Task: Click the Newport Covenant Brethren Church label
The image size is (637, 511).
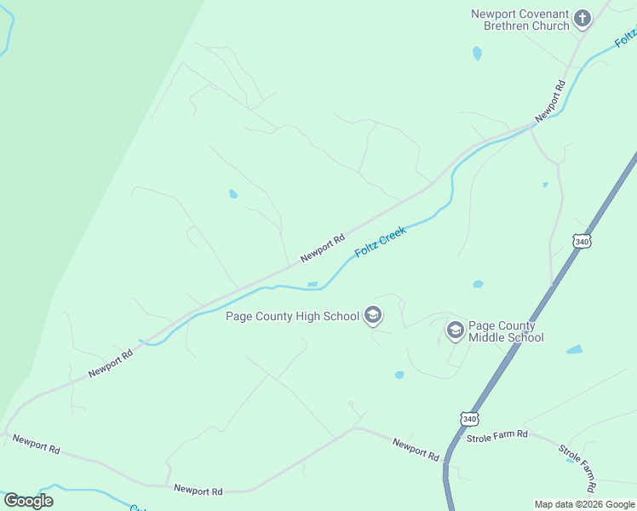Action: (x=521, y=20)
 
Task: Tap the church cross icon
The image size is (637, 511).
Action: (x=582, y=19)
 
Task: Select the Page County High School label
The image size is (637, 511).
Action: (x=292, y=317)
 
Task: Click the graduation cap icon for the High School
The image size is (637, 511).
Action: (x=372, y=316)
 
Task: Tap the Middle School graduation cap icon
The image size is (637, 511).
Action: (x=456, y=330)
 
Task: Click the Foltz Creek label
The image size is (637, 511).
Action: (x=381, y=242)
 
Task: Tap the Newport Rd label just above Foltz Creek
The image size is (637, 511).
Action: (x=322, y=248)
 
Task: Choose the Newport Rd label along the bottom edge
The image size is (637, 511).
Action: (x=198, y=491)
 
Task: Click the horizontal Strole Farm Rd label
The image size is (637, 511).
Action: (x=497, y=435)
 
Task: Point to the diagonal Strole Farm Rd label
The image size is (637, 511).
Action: (x=578, y=467)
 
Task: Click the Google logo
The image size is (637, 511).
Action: (x=28, y=500)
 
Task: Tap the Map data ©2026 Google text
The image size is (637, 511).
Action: (x=585, y=504)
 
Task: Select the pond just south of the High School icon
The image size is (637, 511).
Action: (x=399, y=375)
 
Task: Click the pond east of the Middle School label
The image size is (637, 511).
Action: (x=575, y=349)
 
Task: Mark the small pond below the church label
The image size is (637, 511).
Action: (x=477, y=54)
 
